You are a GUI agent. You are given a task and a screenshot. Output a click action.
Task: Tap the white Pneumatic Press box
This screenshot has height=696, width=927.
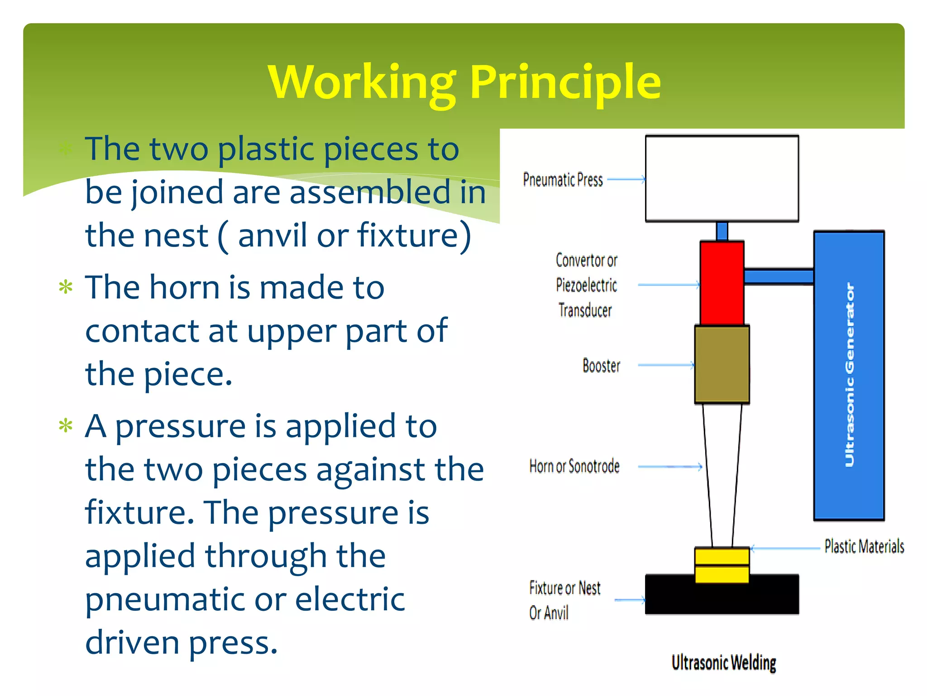tap(722, 179)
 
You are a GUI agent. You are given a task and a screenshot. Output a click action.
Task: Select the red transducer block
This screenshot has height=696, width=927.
tap(722, 283)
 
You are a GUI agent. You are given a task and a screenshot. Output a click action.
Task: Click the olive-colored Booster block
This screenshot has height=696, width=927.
tap(722, 365)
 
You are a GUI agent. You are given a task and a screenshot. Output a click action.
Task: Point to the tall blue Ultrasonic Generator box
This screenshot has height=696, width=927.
tap(849, 375)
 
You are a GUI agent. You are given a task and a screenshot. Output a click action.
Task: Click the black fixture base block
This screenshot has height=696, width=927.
tap(722, 598)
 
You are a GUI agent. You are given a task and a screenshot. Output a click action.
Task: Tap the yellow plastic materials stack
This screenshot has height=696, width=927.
tap(722, 565)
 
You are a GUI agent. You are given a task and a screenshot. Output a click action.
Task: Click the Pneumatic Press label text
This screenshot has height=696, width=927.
tap(563, 180)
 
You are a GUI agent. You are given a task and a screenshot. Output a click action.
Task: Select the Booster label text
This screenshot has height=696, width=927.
tap(601, 366)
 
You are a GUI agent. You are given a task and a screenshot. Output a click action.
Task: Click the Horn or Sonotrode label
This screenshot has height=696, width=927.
tap(574, 466)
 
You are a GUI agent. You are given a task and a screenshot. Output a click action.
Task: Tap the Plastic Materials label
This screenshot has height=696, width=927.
tap(864, 546)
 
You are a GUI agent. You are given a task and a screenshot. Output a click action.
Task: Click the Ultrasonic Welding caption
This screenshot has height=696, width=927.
tap(723, 662)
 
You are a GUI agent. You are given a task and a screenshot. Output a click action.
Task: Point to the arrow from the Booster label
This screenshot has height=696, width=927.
tap(665, 365)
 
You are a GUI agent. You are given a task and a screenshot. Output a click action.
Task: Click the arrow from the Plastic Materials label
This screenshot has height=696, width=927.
tap(785, 548)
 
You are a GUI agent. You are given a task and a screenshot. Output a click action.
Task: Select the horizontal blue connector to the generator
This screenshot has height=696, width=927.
tap(779, 276)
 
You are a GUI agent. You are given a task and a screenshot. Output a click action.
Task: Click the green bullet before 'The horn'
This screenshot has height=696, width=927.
tap(66, 287)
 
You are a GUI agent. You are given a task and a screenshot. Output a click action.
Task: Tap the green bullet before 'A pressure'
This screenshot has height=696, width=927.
tap(66, 426)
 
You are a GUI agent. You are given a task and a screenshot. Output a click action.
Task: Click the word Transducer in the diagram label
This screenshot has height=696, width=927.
tap(585, 310)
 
